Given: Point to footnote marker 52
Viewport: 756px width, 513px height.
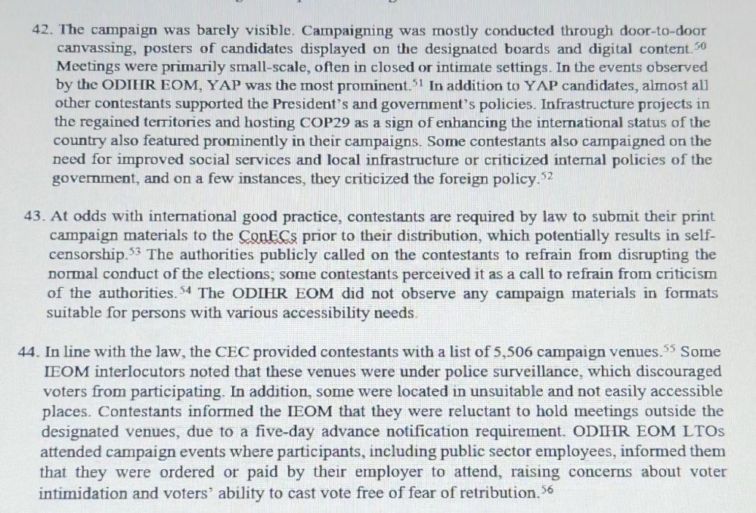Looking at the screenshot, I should click(x=548, y=176).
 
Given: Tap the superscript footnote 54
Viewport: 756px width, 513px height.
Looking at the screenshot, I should click(x=184, y=289).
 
